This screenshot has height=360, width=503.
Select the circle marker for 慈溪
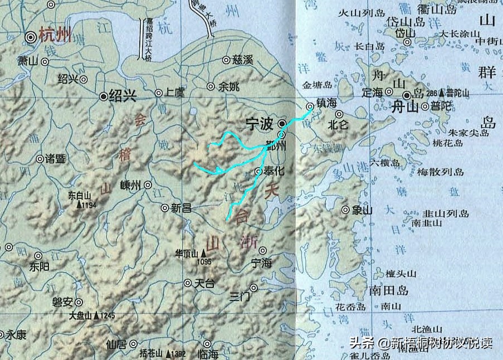click(226, 60)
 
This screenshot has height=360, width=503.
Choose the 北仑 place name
click(338, 125)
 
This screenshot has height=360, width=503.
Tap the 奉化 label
click(274, 171)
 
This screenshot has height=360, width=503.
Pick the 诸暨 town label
click(55, 159)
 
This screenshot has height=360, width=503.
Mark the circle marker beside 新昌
click(165, 208)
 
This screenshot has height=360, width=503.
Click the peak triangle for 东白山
click(79, 205)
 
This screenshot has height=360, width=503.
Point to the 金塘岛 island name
click(316, 85)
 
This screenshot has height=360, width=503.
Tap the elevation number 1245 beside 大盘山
click(108, 316)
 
